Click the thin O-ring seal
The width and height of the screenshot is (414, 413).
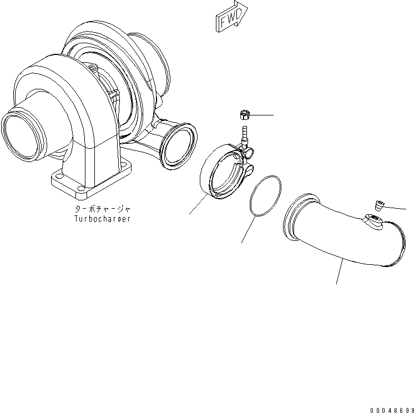coord(265,196)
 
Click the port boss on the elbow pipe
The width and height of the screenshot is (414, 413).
coord(372,222)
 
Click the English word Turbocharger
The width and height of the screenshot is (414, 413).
coord(103,219)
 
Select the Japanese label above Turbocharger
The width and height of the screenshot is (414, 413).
coord(103,210)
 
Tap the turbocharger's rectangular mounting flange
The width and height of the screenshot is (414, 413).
coord(92,183)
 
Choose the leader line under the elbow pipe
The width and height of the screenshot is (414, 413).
coord(340,271)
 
